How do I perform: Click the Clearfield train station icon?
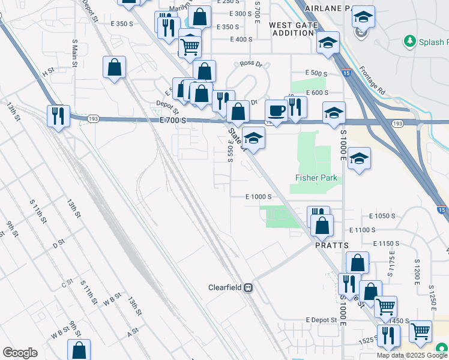tap(247, 287)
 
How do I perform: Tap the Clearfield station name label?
tap(224, 287)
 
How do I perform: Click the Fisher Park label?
tap(316, 178)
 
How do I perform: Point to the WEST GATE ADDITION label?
tap(292, 29)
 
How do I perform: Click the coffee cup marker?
tap(276, 110)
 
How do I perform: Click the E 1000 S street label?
tap(259, 197)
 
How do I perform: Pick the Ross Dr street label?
tap(251, 63)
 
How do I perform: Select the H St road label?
tap(47, 72)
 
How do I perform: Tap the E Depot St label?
tap(321, 320)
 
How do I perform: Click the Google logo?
tap(20, 353)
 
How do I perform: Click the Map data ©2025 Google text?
tap(412, 355)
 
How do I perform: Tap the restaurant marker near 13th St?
tap(58, 116)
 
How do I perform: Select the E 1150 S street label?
tap(385, 244)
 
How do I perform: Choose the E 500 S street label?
tap(316, 73)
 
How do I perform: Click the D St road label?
tap(58, 244)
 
